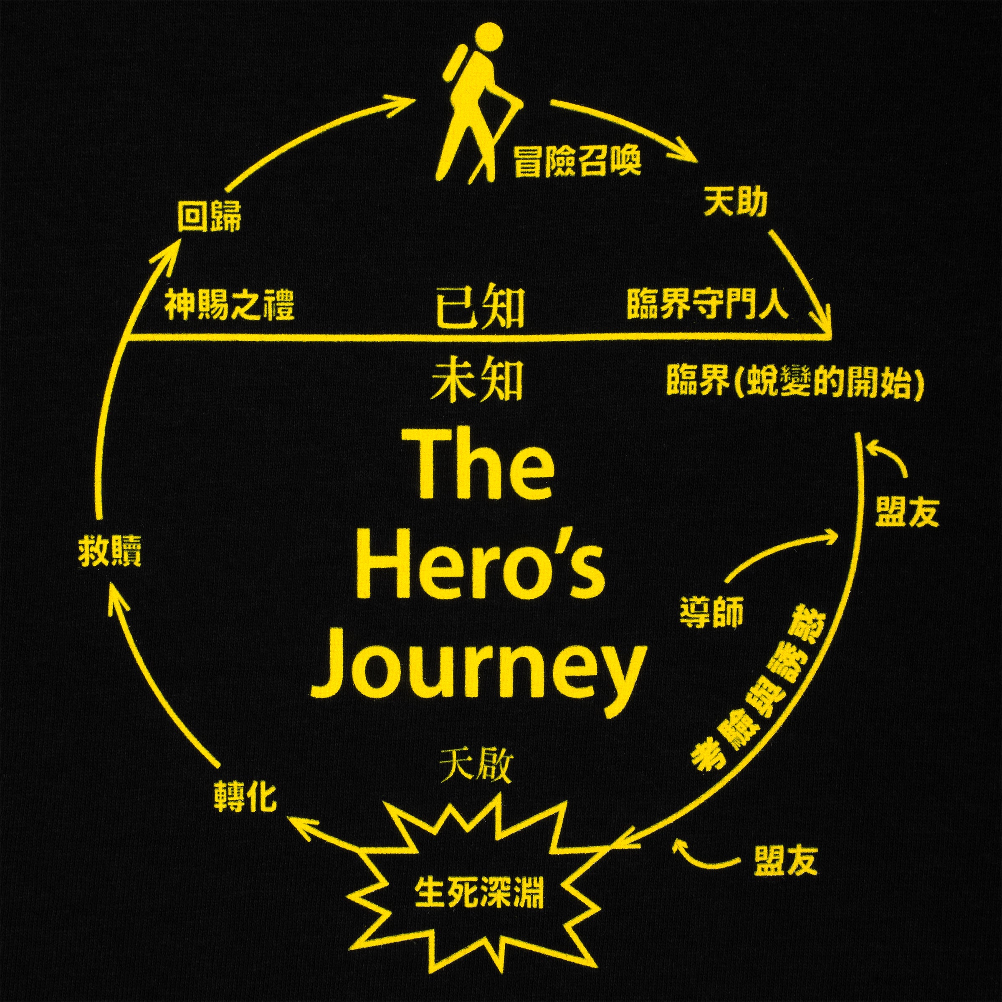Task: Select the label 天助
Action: [735, 203]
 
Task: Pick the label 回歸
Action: [209, 216]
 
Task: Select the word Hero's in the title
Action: [481, 567]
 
